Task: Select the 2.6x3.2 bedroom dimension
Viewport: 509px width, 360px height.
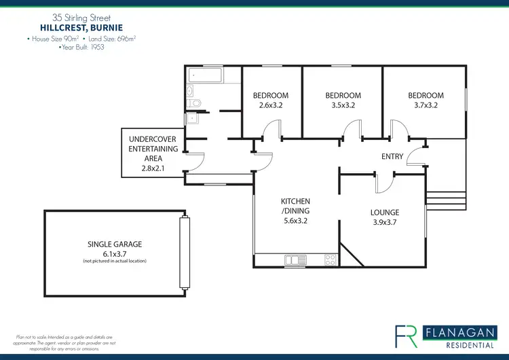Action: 271,106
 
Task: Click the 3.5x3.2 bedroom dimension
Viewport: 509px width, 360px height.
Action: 343,106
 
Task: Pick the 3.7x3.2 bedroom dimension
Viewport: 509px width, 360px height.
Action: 426,106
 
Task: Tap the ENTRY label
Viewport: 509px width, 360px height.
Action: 392,156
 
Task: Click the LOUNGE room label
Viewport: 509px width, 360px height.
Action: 385,212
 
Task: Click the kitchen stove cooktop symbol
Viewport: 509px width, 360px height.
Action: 331,259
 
